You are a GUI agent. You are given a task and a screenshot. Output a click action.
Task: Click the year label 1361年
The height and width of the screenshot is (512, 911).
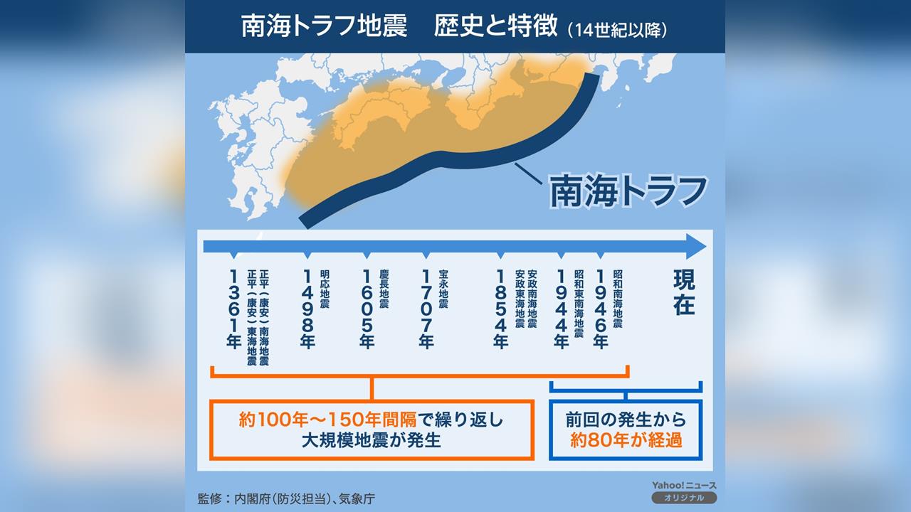(233, 309)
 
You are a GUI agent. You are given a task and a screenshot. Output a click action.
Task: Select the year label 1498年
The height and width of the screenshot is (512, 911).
(308, 309)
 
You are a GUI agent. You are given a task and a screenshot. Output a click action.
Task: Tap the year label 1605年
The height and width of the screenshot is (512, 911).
(367, 309)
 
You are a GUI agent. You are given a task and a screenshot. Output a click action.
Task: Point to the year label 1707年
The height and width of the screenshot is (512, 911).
(426, 309)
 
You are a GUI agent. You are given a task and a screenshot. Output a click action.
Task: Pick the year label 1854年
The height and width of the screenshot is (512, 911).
(501, 309)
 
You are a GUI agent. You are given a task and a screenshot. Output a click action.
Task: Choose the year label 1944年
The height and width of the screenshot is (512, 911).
(561, 309)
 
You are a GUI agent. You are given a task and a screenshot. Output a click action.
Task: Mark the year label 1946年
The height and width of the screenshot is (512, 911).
(601, 309)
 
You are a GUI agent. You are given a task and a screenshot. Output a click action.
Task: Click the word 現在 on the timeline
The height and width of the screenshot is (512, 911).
(684, 292)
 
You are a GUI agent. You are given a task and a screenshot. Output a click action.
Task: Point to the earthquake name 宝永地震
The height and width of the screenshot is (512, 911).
(443, 289)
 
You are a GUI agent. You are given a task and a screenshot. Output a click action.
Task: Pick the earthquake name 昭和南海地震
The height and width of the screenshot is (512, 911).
(618, 298)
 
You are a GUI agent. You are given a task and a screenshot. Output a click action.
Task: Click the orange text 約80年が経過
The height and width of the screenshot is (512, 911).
(626, 441)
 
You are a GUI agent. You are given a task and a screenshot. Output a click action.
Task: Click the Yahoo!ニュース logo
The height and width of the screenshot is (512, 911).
(683, 485)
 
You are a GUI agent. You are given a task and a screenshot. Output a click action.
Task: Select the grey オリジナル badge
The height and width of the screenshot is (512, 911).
(683, 498)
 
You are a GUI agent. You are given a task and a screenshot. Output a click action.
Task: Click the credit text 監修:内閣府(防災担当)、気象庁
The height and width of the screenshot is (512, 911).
(286, 498)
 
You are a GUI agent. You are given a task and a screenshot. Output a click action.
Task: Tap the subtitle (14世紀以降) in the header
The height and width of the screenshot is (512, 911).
(617, 31)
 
